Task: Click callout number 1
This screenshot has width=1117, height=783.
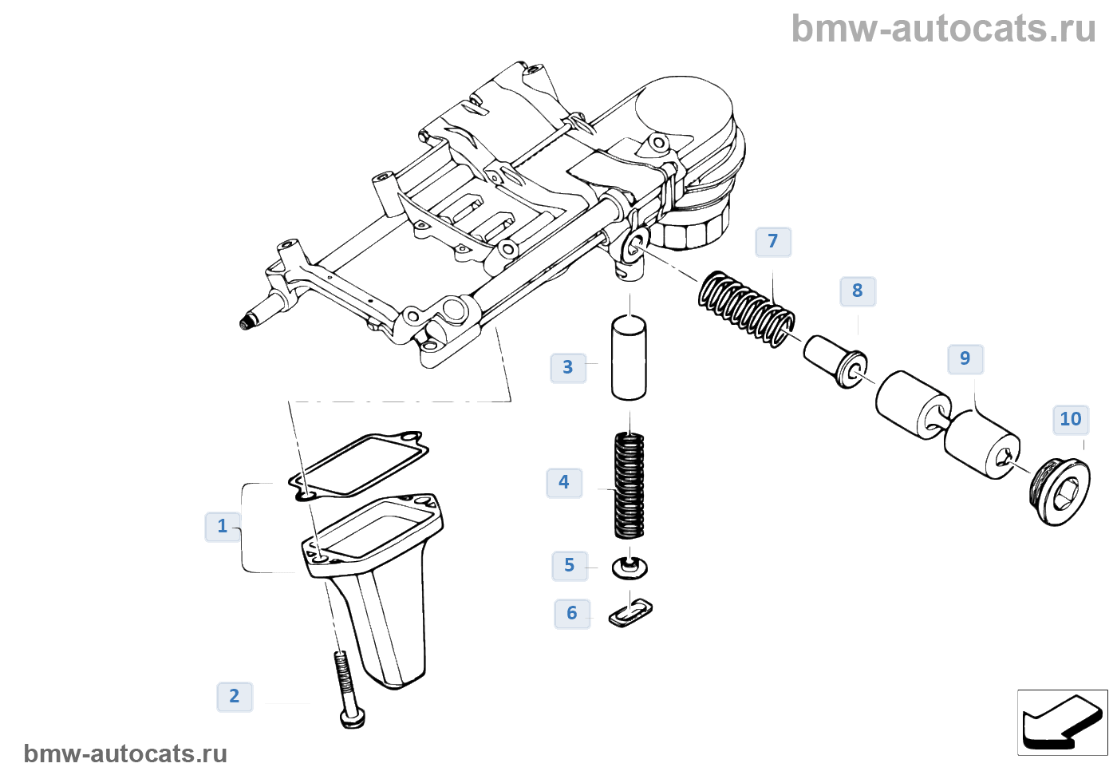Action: coord(223,526)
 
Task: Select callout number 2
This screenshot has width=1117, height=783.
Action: coord(235,696)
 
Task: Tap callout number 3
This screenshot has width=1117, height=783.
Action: coord(568,367)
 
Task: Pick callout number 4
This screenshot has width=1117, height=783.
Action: coord(564,482)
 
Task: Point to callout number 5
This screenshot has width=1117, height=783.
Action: coord(570,565)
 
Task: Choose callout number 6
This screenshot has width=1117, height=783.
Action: coord(572,613)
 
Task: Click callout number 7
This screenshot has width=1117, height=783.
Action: coord(773,241)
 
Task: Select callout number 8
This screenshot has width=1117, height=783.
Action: coord(858,291)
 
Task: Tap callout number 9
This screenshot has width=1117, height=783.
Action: coord(965,358)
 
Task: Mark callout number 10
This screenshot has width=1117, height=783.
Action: coord(1071,419)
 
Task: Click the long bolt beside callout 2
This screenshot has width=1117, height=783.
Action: coord(347,686)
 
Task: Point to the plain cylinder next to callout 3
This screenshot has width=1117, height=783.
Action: coord(629,358)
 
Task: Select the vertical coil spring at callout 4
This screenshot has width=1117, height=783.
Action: coord(630,484)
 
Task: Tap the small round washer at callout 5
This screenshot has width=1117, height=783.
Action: coord(630,568)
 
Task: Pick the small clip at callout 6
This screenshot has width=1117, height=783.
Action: coord(630,612)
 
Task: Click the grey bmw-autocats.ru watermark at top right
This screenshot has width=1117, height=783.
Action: coord(944,29)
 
